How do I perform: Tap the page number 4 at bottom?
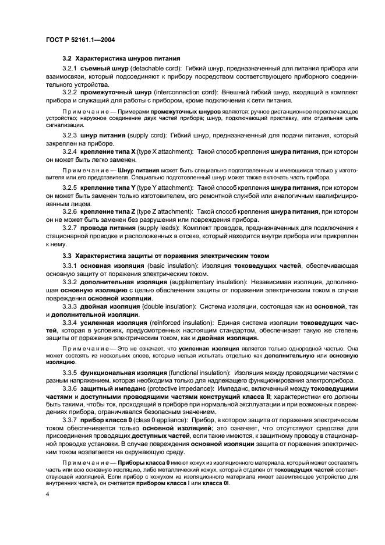point(48,494)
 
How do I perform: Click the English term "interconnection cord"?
point(183,92)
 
